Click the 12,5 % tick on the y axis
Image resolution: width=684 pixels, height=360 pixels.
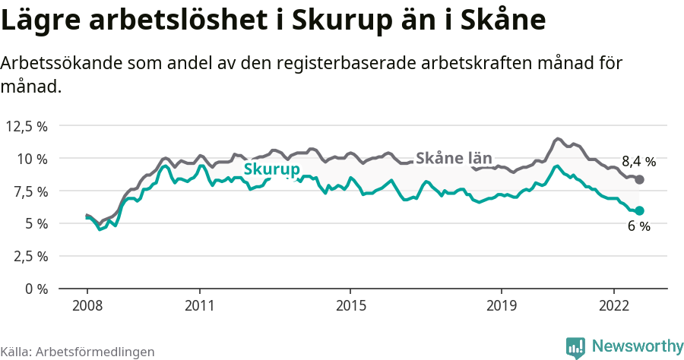(x=27, y=126)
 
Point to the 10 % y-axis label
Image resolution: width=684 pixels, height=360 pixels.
(x=33, y=159)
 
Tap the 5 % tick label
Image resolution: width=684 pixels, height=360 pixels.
(x=36, y=223)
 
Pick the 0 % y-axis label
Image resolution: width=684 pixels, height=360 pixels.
(x=36, y=289)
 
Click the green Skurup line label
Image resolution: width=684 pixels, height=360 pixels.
(x=271, y=169)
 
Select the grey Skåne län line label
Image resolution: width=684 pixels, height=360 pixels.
(x=454, y=158)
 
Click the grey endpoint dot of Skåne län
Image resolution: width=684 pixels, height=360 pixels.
(x=639, y=179)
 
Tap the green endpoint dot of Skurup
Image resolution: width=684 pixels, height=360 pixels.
(x=639, y=210)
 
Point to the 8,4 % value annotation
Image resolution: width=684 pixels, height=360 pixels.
(x=638, y=161)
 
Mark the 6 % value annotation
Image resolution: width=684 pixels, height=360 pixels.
(x=638, y=226)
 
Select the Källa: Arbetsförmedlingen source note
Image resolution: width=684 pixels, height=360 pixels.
(x=78, y=352)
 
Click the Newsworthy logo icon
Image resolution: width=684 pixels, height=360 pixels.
(x=575, y=347)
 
